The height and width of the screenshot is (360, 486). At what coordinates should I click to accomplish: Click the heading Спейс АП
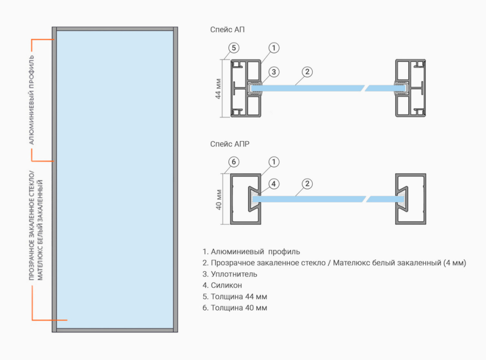click(227, 29)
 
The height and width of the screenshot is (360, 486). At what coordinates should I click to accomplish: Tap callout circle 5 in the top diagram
click(233, 47)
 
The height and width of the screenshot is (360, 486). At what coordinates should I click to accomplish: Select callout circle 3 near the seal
click(274, 72)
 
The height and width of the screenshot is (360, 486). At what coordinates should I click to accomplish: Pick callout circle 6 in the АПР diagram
click(233, 162)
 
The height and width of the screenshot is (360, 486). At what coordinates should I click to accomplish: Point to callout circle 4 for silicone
click(274, 183)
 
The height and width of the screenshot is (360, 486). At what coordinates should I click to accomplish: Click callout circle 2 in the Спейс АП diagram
click(307, 72)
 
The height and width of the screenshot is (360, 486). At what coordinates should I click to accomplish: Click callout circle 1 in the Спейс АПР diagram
click(274, 162)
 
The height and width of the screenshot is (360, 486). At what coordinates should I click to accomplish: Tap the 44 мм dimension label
click(218, 88)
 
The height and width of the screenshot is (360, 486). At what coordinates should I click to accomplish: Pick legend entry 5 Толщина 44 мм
click(234, 297)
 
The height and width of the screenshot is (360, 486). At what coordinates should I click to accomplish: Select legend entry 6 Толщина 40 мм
click(234, 308)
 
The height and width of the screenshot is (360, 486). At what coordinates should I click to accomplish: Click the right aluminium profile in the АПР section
click(411, 199)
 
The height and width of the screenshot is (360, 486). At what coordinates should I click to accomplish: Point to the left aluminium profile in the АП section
click(245, 88)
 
